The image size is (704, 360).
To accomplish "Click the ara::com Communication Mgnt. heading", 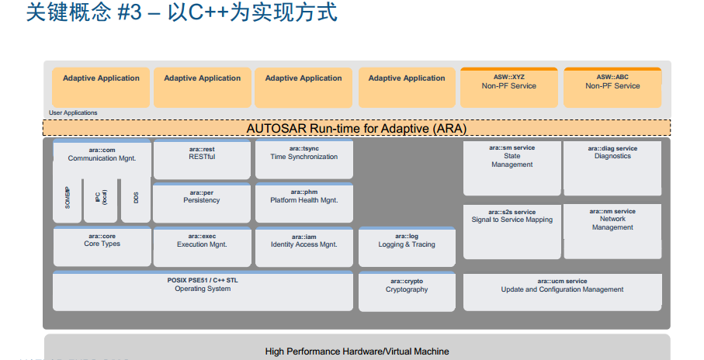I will pos(102,154).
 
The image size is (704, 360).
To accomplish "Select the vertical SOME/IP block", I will pos(68,199).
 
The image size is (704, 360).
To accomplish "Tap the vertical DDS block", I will pos(136,199).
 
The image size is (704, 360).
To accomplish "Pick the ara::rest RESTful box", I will pos(202,159).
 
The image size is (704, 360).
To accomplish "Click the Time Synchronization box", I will pos(303,159).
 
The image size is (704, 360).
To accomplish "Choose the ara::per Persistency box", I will pos(202,202).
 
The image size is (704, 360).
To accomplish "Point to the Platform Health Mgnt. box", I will pos(303,202).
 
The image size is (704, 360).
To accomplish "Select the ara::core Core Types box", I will pos(102,246).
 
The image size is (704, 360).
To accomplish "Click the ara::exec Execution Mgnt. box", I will pos(202,246).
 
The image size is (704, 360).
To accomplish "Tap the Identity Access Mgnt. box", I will pos(303,246).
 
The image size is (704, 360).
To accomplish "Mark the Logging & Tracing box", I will pos(407,247).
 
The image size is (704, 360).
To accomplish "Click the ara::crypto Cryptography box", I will pos(407,291).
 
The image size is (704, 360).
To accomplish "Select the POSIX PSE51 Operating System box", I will pos(202,290).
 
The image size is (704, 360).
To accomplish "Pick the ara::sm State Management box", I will pos(512,167).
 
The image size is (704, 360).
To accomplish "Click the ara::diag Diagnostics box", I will pos(612,167).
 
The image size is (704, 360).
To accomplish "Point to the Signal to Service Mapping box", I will pos(512,231).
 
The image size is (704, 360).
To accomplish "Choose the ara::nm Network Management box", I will pos(612,230).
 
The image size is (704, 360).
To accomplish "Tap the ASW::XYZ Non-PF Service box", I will pos(508,88).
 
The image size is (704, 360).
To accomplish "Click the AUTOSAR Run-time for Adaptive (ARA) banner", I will pos(356,128).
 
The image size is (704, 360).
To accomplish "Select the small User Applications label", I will pos(73,113).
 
